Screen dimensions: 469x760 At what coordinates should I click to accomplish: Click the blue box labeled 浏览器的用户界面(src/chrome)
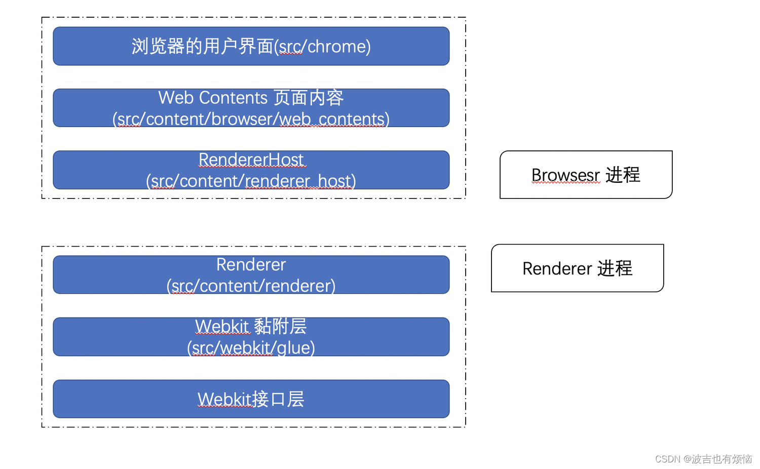[x=251, y=46]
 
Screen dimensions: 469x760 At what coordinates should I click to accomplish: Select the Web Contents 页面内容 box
[x=251, y=108]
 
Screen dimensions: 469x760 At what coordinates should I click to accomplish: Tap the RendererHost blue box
[x=251, y=170]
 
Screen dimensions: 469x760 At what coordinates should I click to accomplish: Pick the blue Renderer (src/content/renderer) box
[x=251, y=275]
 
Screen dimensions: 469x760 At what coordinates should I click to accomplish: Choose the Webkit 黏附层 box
[x=251, y=337]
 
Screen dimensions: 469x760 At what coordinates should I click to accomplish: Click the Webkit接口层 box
[x=251, y=399]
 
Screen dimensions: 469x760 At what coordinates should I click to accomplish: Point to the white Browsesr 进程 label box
[x=586, y=175]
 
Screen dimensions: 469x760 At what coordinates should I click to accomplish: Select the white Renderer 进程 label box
[x=577, y=268]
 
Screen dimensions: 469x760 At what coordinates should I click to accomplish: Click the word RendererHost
[x=251, y=160]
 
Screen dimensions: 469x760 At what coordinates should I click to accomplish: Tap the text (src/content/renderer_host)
[x=251, y=181]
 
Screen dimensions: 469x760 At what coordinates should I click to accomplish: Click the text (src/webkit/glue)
[x=251, y=348]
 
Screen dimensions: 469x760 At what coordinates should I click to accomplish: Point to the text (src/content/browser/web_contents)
[x=251, y=119]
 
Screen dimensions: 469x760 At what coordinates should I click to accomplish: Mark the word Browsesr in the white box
[x=565, y=175]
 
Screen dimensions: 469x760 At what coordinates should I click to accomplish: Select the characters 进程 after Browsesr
[x=623, y=175]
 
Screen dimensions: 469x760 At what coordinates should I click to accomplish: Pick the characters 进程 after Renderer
[x=615, y=268]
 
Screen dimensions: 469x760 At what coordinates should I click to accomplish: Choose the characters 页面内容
[x=309, y=98]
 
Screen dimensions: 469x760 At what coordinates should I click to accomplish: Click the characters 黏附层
[x=280, y=327]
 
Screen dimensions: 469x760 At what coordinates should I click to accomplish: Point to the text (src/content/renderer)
[x=251, y=286]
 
